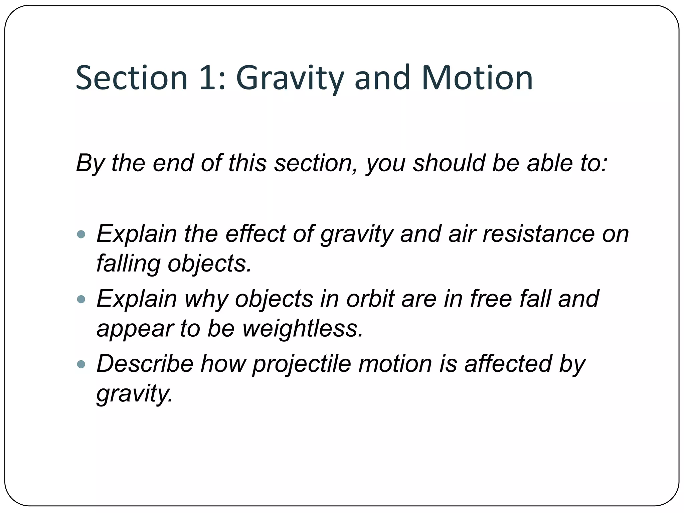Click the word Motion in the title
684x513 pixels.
tap(477, 78)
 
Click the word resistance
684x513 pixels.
tap(538, 233)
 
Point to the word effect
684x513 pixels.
tap(255, 233)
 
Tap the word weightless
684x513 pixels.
tap(302, 328)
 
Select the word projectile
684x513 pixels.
tap(302, 364)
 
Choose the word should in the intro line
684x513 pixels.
tap(449, 163)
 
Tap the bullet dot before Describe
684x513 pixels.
tap(81, 364)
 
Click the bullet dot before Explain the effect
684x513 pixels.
tap(81, 234)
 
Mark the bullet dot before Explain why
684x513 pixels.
tap(81, 299)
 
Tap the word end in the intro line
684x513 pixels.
tap(173, 163)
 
